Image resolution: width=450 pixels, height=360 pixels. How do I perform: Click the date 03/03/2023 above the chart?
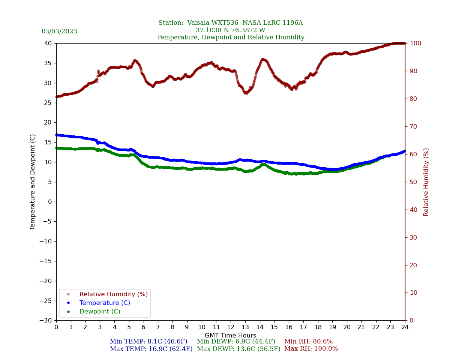click(x=59, y=31)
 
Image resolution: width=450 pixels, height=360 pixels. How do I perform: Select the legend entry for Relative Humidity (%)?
click(x=113, y=294)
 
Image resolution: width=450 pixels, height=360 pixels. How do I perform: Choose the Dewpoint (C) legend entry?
click(x=100, y=312)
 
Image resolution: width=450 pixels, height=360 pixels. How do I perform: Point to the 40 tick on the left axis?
click(x=48, y=43)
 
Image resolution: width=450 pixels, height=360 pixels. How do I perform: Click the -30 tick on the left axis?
click(x=46, y=320)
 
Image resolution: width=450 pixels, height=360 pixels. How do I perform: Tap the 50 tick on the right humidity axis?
click(x=412, y=182)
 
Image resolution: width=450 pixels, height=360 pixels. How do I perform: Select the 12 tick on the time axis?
click(x=231, y=327)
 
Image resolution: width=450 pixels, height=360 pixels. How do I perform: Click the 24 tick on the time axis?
click(x=405, y=327)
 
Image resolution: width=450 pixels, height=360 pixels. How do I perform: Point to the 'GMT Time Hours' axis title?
click(x=230, y=336)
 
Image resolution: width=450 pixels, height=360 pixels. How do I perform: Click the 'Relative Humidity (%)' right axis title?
click(x=426, y=182)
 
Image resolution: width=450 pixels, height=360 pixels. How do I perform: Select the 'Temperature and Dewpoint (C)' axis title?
click(x=33, y=182)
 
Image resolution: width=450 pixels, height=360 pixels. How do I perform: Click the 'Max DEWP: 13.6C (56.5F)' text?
click(x=238, y=349)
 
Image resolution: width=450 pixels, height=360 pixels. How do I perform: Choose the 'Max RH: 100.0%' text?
click(x=311, y=349)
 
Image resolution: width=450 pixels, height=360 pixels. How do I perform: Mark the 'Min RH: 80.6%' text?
click(x=308, y=342)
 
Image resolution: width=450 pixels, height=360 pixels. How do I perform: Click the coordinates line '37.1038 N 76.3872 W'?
click(x=230, y=30)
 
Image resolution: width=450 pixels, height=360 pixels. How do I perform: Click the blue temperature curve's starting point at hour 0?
click(x=57, y=135)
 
